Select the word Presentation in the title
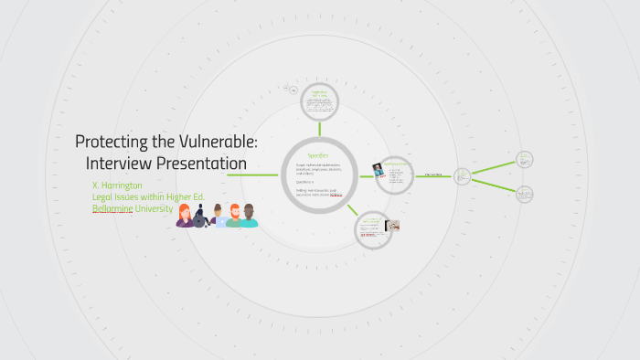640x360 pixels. click(202, 163)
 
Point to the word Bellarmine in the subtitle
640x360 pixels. click(112, 208)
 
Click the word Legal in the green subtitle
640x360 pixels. click(103, 196)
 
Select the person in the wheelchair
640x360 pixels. click(201, 218)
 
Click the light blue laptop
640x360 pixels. click(220, 222)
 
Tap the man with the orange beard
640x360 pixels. click(234, 217)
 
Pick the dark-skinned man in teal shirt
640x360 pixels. click(249, 216)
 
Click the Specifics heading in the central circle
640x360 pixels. click(318, 156)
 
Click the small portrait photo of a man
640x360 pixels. click(378, 169)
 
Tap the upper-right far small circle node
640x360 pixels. click(525, 159)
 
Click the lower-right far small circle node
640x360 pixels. click(525, 194)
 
